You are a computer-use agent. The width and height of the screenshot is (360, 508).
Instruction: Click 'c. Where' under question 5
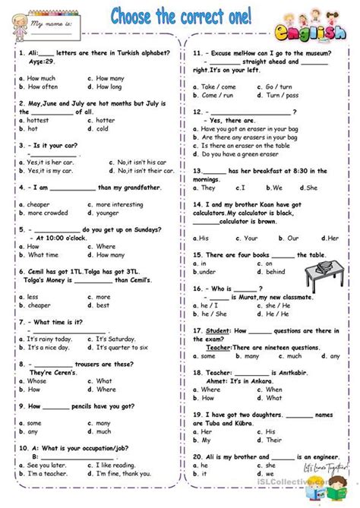[106, 246]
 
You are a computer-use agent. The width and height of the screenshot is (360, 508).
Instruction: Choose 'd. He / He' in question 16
[273, 314]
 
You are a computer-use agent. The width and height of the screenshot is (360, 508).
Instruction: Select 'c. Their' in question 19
[274, 430]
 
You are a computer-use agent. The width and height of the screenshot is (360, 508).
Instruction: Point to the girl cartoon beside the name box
[17, 23]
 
